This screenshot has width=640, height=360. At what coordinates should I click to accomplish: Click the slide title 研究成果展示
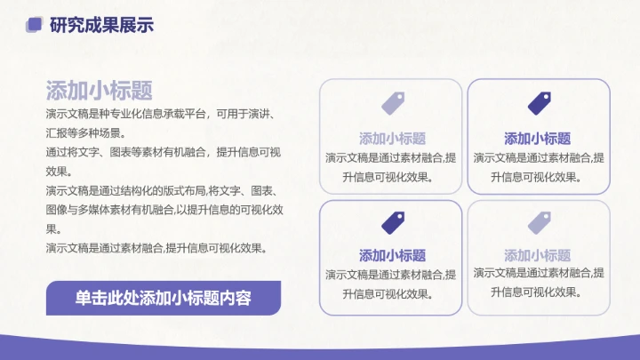pos(102,25)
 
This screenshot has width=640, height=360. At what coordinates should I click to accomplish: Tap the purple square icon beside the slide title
pos(36,25)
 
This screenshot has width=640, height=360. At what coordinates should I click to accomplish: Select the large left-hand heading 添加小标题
pos(99,90)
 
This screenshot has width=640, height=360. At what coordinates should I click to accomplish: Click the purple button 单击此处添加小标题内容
pos(164,298)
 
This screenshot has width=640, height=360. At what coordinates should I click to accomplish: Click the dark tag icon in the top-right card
pos(539,103)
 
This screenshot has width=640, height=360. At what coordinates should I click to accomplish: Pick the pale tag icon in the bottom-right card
pos(539,221)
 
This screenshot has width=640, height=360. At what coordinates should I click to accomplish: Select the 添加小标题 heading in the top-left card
pos(392,138)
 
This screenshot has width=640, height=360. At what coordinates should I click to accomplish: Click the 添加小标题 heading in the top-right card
pos(538,138)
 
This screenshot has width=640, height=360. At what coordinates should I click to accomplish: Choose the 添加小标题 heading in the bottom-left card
pos(392,255)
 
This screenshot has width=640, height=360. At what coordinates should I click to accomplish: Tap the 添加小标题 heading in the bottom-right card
pos(538,255)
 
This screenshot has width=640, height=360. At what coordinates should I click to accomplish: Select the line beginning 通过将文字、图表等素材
pos(164,152)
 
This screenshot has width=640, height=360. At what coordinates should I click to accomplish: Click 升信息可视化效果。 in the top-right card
pos(538,176)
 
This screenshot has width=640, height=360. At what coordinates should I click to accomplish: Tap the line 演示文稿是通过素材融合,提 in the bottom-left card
pos(391,274)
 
